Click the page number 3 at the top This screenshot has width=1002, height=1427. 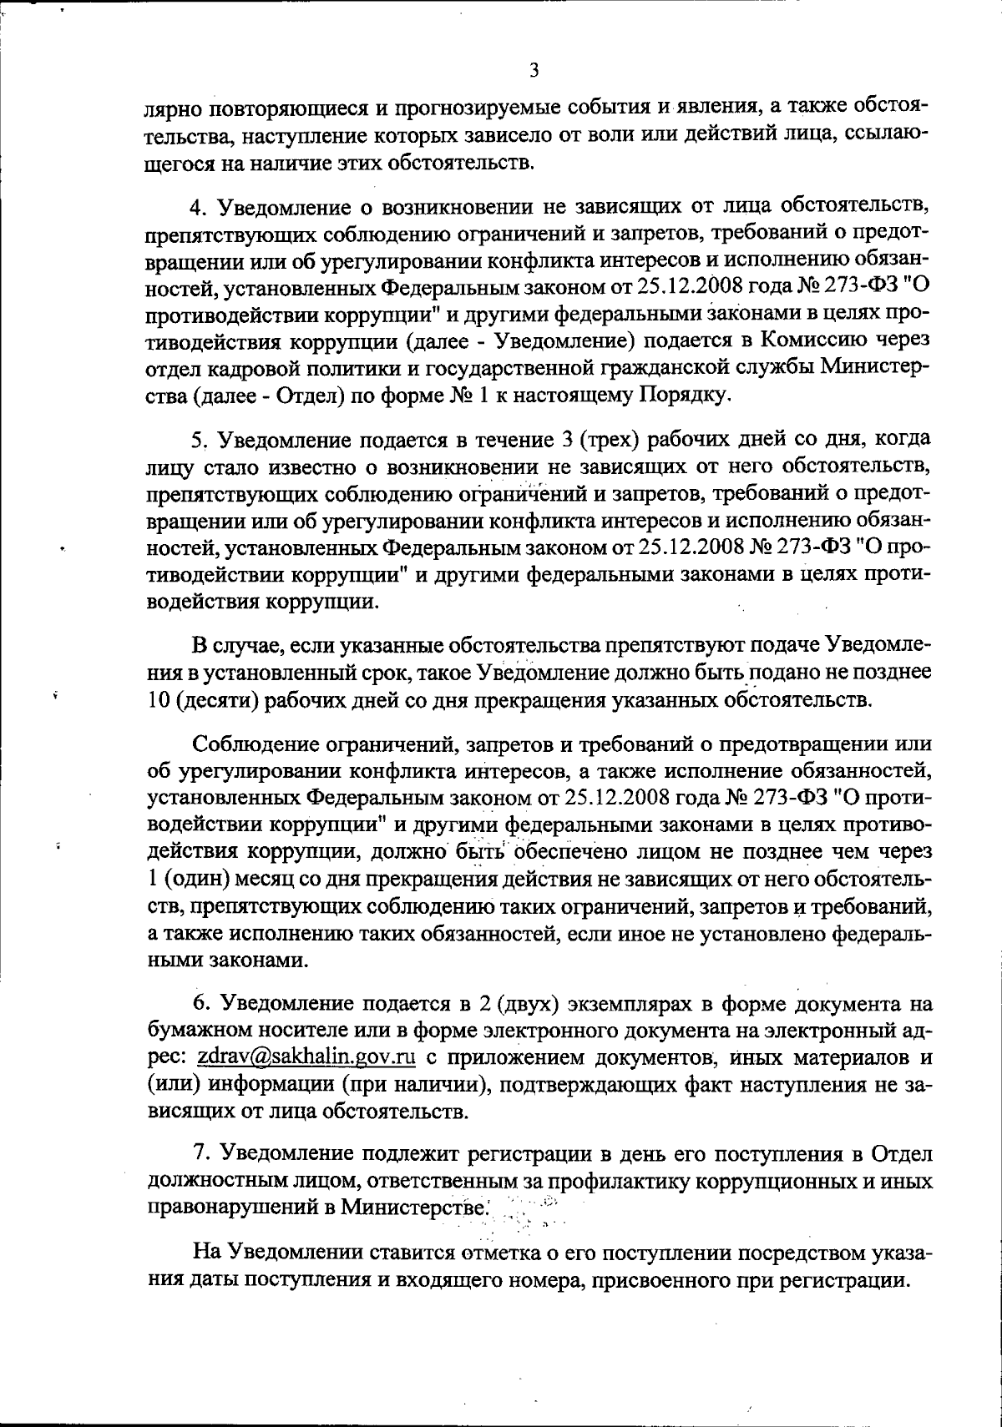pyautogui.click(x=534, y=71)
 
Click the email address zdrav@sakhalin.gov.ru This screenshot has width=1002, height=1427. pyautogui.click(x=306, y=1057)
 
